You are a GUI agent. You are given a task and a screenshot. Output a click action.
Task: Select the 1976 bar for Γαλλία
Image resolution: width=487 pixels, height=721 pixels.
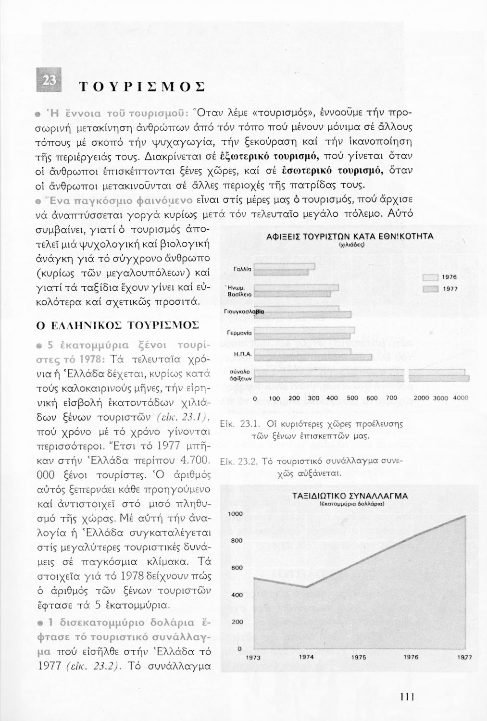[284, 266]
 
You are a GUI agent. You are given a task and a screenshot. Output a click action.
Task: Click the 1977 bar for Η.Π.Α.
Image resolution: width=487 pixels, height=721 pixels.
[313, 357]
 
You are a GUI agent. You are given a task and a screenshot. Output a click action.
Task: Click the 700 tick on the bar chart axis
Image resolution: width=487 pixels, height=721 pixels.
[392, 398]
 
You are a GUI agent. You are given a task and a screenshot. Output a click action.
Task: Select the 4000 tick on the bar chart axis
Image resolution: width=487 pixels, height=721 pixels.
[461, 398]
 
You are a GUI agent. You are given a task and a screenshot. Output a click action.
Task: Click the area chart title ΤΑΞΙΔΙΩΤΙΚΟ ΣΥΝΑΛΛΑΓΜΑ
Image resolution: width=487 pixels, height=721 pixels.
[350, 496]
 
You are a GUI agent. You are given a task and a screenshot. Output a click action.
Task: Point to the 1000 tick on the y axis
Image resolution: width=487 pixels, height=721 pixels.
[236, 514]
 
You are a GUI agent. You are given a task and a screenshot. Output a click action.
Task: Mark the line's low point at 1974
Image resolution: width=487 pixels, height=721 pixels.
[305, 587]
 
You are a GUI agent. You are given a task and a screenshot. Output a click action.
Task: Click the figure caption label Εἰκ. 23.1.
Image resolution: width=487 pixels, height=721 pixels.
[233, 425]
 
